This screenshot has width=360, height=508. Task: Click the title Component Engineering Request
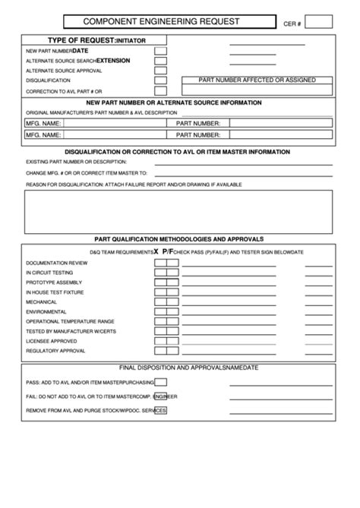[161, 22]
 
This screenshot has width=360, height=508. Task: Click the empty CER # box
[318, 22]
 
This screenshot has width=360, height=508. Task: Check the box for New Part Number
[160, 51]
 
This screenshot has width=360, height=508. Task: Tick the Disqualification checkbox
[160, 80]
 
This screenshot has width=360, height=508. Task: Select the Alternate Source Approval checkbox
[160, 70]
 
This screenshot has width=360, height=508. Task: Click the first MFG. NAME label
[44, 123]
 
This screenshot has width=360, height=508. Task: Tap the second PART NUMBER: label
[198, 135]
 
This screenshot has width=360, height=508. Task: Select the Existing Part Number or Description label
[76, 162]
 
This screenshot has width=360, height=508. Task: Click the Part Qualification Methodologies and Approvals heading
[178, 238]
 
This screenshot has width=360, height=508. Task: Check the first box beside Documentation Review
[160, 263]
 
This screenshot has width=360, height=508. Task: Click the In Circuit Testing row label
[49, 273]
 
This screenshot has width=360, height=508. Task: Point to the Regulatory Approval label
[56, 352]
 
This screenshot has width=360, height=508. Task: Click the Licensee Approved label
[51, 342]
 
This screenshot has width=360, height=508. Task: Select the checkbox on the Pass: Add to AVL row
[160, 382]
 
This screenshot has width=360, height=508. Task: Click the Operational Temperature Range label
[70, 322]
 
